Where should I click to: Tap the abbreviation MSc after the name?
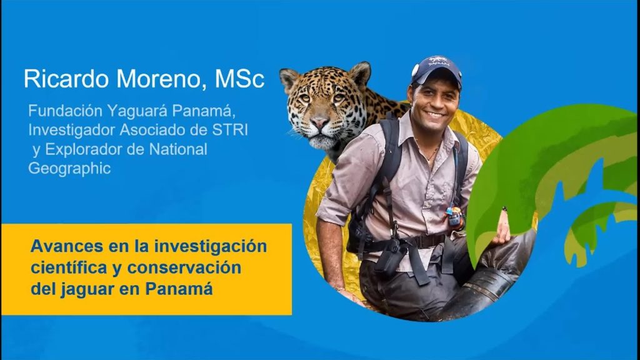coord(239,79)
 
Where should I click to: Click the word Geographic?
coord(69,168)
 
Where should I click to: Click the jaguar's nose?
coord(319,122)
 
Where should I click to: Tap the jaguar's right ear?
coord(289,79)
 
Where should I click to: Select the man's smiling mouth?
coord(435,114)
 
